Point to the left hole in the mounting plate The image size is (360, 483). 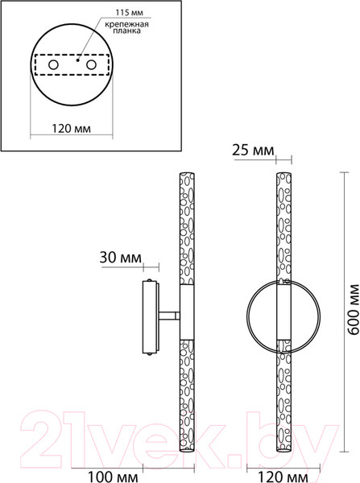(53, 64)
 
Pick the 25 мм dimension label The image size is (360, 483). (253, 151)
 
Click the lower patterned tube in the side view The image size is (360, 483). (185, 394)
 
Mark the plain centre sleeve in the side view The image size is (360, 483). (185, 316)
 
